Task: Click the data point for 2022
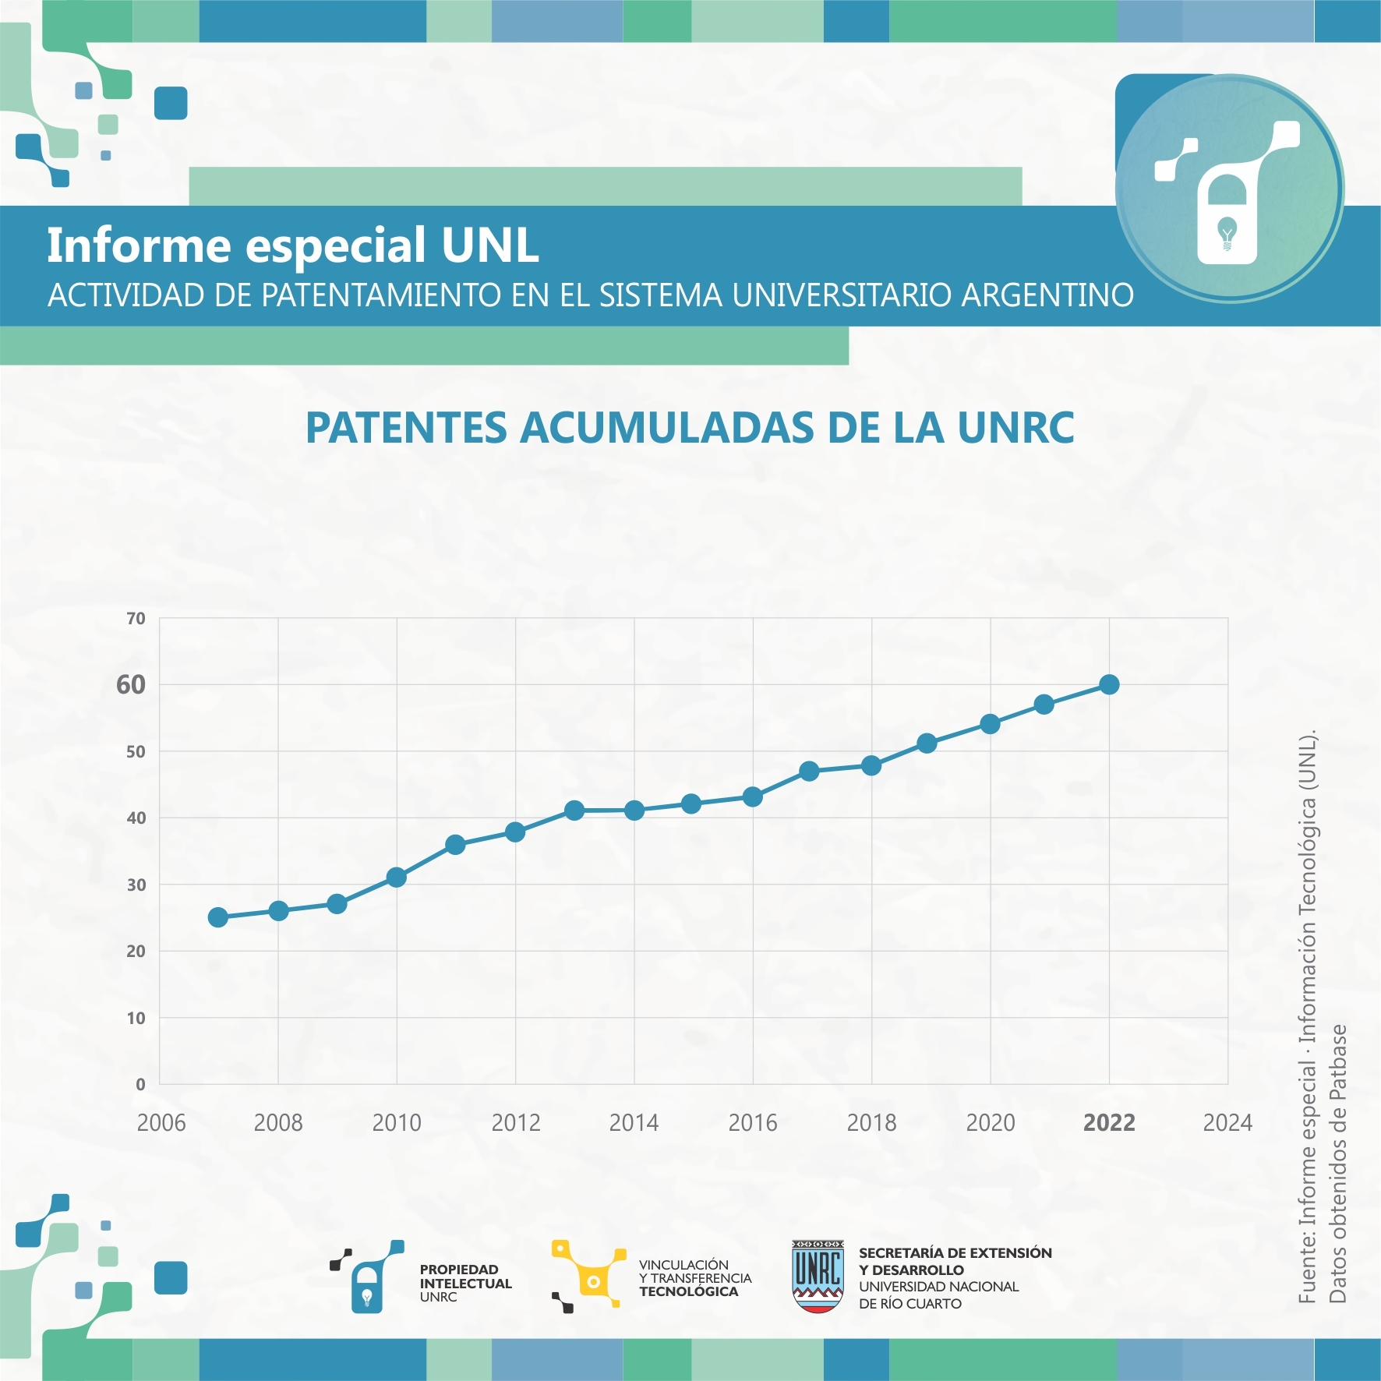tap(1109, 684)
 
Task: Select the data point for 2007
tap(218, 917)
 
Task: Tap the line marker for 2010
tap(396, 878)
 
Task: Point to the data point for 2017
tap(809, 772)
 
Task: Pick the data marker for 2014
tap(634, 811)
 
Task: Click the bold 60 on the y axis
tap(131, 685)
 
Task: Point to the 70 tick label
tap(136, 619)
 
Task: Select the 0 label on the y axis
tap(140, 1084)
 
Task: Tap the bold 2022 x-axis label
tap(1109, 1123)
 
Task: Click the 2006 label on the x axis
tap(161, 1123)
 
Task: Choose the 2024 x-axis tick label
tap(1227, 1123)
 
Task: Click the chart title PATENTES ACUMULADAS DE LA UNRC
tap(690, 428)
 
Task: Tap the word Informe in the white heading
tap(139, 245)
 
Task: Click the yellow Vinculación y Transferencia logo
tap(588, 1276)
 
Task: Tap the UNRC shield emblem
tap(818, 1276)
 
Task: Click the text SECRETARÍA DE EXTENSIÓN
tap(955, 1253)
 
